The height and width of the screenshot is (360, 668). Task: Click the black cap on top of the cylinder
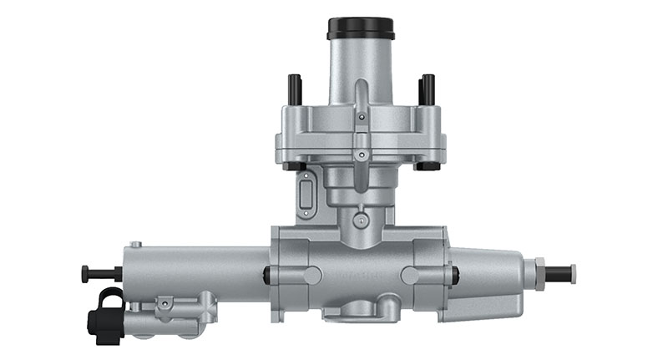pyautogui.click(x=359, y=28)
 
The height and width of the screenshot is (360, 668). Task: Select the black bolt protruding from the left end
pyautogui.click(x=99, y=272)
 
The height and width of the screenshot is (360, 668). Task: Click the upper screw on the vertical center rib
pyautogui.click(x=360, y=118)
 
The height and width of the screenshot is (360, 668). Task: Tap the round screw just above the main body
pyautogui.click(x=360, y=221)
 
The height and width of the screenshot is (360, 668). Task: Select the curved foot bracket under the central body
pyautogui.click(x=360, y=313)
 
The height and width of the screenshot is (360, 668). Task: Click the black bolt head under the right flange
pyautogui.click(x=427, y=165)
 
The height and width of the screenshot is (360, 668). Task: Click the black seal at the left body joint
pyautogui.click(x=266, y=274)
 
